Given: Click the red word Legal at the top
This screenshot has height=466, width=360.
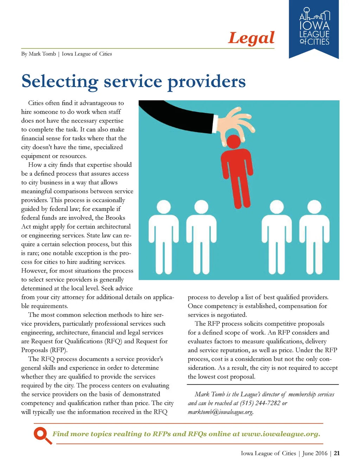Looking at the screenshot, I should click(x=251, y=38).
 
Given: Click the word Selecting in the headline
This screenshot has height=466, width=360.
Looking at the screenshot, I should click(x=59, y=81).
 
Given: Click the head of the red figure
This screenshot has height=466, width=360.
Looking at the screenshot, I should click(x=234, y=141).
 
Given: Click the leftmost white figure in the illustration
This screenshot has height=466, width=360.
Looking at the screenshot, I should click(x=163, y=236).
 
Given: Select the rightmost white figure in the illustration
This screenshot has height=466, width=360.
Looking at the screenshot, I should click(x=314, y=236).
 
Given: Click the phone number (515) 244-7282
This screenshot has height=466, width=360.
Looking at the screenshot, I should click(x=260, y=403).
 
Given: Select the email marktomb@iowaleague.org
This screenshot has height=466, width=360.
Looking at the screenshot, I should click(x=220, y=412).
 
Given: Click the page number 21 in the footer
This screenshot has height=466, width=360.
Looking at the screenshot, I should click(x=336, y=453).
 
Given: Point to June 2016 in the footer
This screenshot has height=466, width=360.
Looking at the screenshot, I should click(x=315, y=453).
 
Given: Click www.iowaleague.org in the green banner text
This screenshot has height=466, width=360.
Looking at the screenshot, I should click(x=281, y=434).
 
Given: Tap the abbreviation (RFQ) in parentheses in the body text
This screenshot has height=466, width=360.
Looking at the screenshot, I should click(x=114, y=341).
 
